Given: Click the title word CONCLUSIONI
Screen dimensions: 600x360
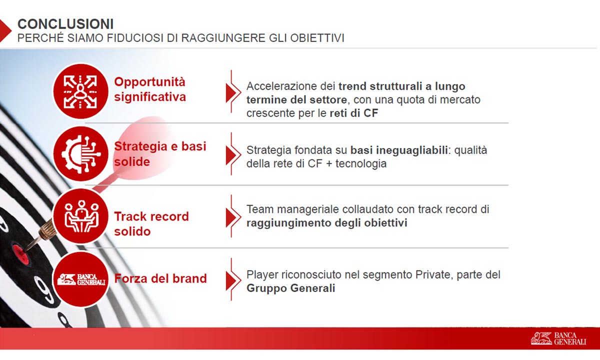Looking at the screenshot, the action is point(65,24).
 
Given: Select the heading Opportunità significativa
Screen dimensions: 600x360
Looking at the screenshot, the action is point(149,89).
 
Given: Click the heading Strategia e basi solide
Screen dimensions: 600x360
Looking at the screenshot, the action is point(160,154).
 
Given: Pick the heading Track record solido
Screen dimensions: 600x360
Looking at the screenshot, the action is point(151,224).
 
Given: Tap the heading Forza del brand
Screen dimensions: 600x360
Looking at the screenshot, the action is point(160,278).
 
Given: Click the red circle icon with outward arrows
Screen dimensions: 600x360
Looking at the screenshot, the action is point(80,91).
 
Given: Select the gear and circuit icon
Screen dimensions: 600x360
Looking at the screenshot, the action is point(80,154).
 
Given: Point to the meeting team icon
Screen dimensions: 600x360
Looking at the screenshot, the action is point(80,216).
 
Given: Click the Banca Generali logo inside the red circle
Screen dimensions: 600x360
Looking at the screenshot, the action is point(81,279).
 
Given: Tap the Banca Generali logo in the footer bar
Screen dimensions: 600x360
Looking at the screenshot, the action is point(559,338).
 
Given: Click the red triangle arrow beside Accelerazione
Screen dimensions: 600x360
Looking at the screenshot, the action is point(231,93).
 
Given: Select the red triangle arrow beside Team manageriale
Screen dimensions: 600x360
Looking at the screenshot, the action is point(231,218).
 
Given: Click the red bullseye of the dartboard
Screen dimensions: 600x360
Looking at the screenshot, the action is point(19,252).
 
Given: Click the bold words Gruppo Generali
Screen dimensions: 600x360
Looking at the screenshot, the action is point(291,288).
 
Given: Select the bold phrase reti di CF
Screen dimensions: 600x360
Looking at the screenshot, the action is point(354,113).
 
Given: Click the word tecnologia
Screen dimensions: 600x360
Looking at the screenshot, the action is point(361,163).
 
